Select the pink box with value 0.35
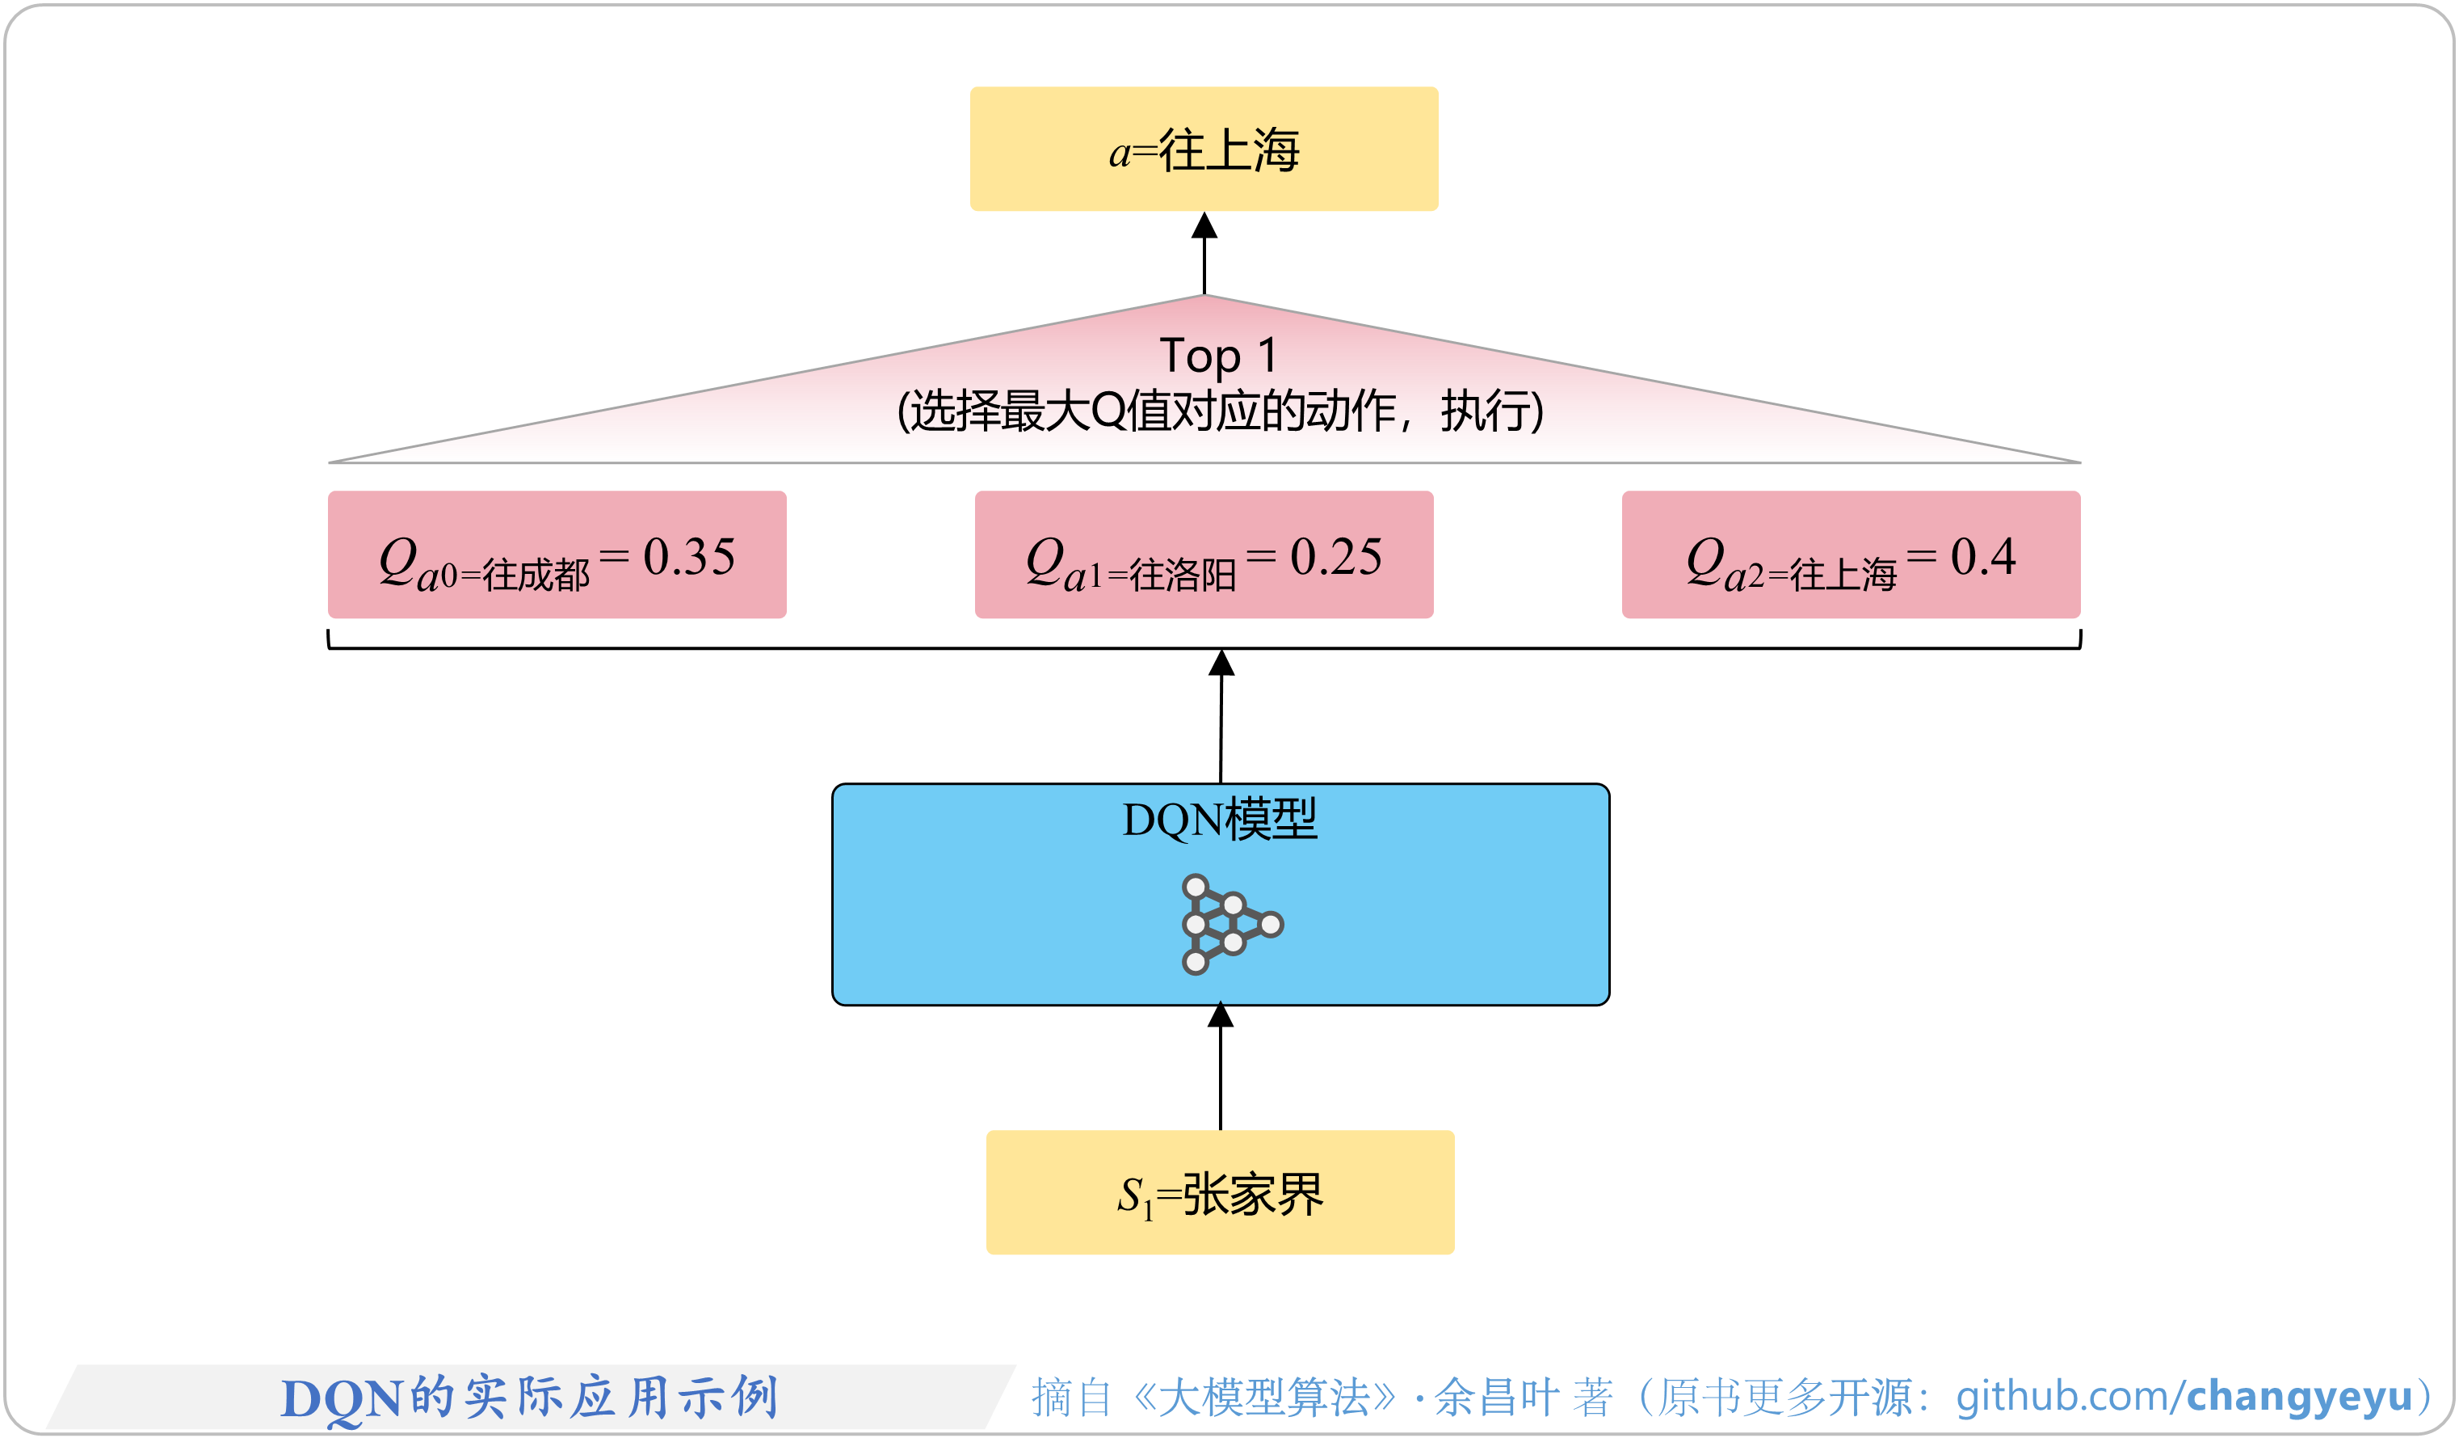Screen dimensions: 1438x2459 (x=557, y=555)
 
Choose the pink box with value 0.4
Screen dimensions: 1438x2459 (x=1850, y=555)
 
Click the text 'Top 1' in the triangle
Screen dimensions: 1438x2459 (x=1218, y=356)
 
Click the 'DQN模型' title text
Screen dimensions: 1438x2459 (x=1220, y=819)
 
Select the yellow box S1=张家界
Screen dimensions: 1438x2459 (x=1220, y=1192)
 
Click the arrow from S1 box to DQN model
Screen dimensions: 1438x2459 (x=1220, y=1069)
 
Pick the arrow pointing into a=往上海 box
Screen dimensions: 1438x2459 (x=1204, y=254)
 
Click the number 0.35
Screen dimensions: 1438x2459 (x=689, y=558)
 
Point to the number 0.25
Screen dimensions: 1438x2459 (x=1336, y=558)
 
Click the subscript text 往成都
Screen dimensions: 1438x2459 (x=536, y=575)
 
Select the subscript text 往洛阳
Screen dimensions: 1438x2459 (x=1183, y=575)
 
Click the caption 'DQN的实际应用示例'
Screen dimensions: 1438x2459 (x=529, y=1397)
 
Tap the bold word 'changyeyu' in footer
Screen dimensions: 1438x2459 (x=2299, y=1396)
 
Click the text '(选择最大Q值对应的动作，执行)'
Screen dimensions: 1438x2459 (x=1220, y=411)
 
